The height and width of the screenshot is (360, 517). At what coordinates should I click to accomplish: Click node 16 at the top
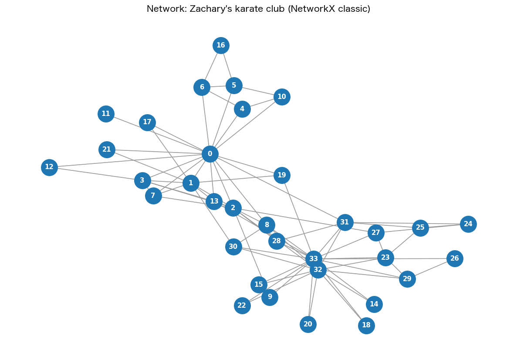[x=221, y=45]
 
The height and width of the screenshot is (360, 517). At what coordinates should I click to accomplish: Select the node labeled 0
[x=210, y=154]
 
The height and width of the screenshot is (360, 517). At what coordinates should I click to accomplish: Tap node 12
[x=50, y=167]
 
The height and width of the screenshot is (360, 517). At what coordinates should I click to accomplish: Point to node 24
[x=468, y=224]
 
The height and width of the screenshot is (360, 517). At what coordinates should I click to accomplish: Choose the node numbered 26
[x=455, y=259]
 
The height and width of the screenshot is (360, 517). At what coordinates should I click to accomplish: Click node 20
[x=308, y=324]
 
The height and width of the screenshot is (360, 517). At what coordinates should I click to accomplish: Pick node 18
[x=366, y=326]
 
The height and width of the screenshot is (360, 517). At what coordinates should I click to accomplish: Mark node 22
[x=242, y=306]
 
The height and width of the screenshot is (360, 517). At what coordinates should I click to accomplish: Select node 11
[x=106, y=114]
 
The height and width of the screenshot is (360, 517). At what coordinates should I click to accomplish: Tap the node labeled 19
[x=282, y=175]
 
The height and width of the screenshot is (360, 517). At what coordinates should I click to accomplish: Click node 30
[x=233, y=247]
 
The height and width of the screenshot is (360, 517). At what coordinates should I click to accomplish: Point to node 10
[x=282, y=97]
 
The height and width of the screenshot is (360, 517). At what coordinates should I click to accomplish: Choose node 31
[x=345, y=222]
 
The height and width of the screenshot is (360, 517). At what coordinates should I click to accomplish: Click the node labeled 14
[x=374, y=304]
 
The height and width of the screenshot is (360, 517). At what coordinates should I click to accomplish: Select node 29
[x=407, y=279]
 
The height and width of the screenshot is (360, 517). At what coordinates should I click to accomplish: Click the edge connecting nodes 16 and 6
[x=211, y=66]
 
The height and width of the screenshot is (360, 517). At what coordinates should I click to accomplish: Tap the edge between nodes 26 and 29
[x=431, y=269]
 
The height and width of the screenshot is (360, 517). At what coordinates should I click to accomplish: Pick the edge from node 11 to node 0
[x=158, y=134]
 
